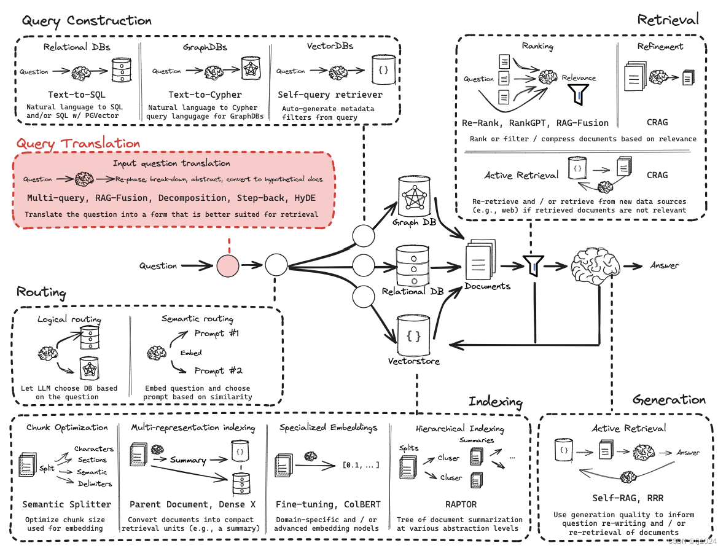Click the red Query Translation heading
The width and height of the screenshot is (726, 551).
pyautogui.click(x=78, y=143)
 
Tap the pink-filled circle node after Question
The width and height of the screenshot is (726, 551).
pyautogui.click(x=227, y=266)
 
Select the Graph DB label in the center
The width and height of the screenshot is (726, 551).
pyautogui.click(x=414, y=222)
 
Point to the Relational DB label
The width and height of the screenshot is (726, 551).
pyautogui.click(x=413, y=291)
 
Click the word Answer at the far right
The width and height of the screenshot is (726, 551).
pyautogui.click(x=665, y=265)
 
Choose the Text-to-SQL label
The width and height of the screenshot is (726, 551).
pyautogui.click(x=77, y=95)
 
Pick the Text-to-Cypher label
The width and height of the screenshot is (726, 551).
pyautogui.click(x=205, y=95)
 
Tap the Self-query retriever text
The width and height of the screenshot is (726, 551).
pyautogui.click(x=330, y=95)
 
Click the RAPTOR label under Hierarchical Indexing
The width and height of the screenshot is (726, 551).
pyautogui.click(x=461, y=504)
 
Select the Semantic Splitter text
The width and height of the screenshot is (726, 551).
pyautogui.click(x=67, y=504)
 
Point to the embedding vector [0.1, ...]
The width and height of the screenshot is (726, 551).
pyautogui.click(x=361, y=464)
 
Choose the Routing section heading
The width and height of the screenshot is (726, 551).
pyautogui.click(x=41, y=292)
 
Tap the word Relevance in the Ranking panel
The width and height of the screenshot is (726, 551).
pyautogui.click(x=579, y=78)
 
